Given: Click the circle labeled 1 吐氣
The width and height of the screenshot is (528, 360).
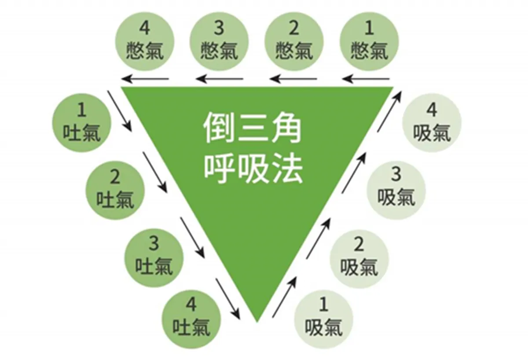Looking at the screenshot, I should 81,122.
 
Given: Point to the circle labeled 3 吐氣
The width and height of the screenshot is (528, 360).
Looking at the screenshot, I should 154,257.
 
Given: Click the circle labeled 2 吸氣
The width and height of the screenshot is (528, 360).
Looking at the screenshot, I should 359,257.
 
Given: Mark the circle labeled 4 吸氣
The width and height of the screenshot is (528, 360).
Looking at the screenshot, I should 432,123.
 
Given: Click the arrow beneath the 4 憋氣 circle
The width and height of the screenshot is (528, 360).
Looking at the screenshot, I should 146,79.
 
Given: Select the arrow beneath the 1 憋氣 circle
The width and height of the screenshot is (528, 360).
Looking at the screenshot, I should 367,79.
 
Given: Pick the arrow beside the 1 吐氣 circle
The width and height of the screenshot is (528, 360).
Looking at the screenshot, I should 120,110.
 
